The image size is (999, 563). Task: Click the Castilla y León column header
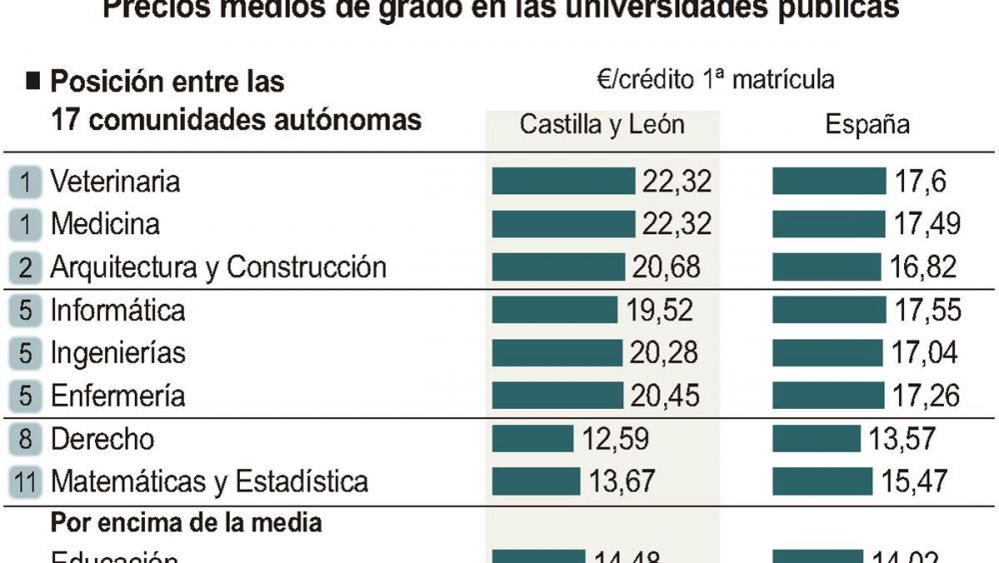pos(601,124)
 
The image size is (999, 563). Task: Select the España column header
pos(867,124)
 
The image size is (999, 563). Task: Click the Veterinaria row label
pos(115,181)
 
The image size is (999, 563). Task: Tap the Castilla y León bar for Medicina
pos(563,223)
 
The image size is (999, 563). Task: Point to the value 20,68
pos(666,267)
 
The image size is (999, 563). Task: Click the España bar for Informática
pos(828,310)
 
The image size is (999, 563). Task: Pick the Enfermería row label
pos(118,395)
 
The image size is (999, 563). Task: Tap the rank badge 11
pos(26,482)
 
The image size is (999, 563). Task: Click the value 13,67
pos(621,482)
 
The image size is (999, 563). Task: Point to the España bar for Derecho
pos(815,439)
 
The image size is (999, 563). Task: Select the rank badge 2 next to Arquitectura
pos(26,267)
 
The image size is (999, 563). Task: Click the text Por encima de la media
pos(186,522)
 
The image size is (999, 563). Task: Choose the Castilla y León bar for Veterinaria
pos(563,181)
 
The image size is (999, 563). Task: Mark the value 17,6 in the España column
pos(919,181)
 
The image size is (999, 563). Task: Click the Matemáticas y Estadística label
pos(209,482)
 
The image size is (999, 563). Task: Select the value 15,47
pos(915,482)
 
